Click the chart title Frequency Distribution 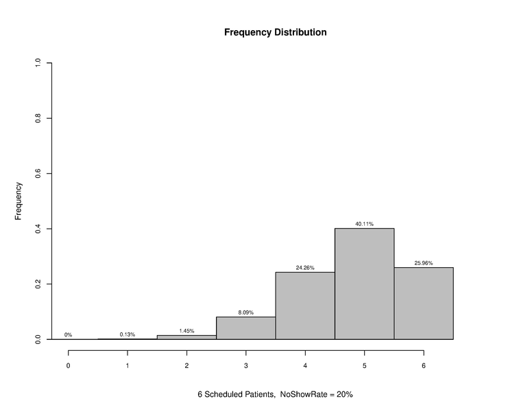point(275,32)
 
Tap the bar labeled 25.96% point(424,303)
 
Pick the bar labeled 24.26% point(305,306)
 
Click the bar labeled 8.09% point(245,328)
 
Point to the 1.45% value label point(186,331)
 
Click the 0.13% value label point(128,334)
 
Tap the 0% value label point(69,335)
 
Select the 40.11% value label point(364,224)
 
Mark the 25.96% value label point(424,263)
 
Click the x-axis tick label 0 point(69,366)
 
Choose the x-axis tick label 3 point(246,366)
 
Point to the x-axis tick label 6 point(424,366)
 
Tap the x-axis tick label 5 point(364,366)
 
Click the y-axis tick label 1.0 point(38,63)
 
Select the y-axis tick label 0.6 point(38,174)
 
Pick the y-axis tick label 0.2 point(38,284)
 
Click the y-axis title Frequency point(19,201)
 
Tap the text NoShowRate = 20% point(316,395)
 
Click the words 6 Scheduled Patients point(237,395)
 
